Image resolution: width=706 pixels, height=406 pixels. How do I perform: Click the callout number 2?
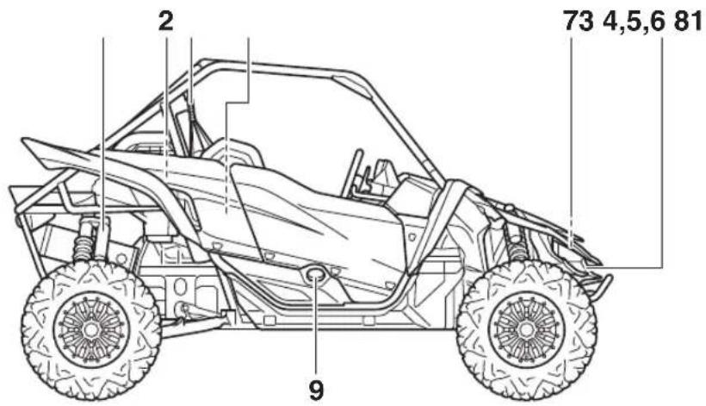click(x=165, y=22)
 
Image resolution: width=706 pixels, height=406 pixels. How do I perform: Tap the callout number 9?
click(x=316, y=390)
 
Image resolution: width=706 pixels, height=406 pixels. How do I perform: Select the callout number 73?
click(x=579, y=22)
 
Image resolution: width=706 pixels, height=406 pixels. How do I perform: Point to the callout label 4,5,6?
click(x=634, y=22)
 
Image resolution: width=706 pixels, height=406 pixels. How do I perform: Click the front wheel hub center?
click(x=526, y=330)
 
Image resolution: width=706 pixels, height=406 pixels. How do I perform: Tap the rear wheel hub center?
click(x=91, y=330)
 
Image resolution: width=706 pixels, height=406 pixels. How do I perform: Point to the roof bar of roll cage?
click(x=279, y=66)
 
